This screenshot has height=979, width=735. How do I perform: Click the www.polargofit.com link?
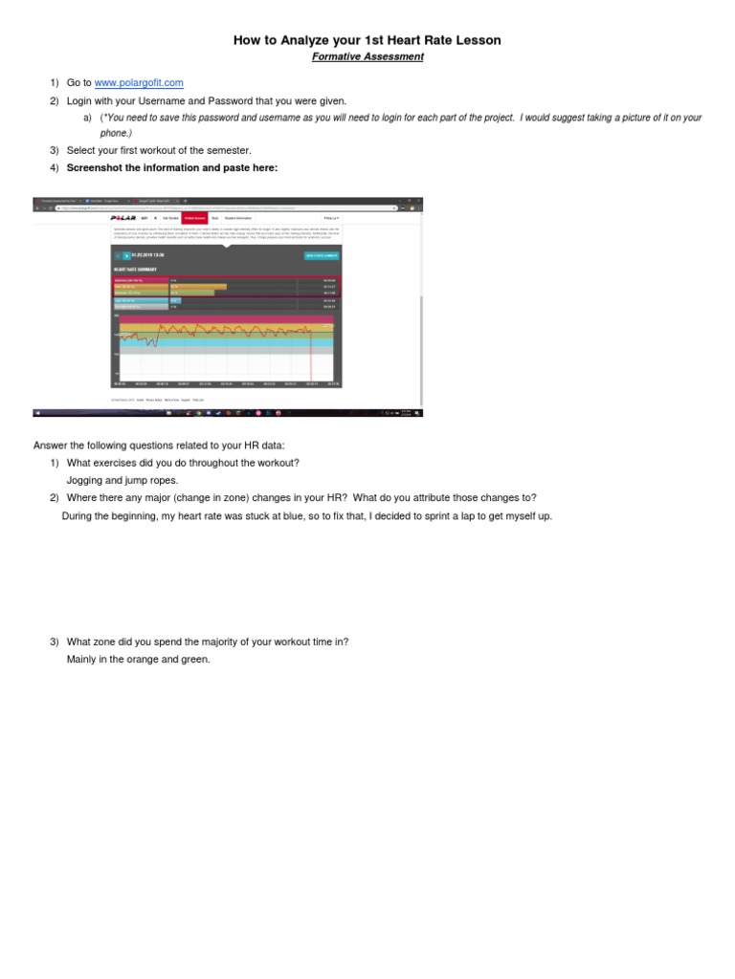(x=139, y=84)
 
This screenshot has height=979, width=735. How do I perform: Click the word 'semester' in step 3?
(x=229, y=151)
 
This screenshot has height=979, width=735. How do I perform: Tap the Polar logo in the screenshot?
(x=123, y=218)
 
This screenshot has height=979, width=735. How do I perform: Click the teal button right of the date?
(x=322, y=255)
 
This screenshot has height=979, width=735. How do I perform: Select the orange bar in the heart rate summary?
(x=198, y=286)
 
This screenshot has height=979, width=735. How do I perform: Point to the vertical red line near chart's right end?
(x=311, y=355)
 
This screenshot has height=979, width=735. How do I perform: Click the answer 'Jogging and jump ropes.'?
(x=122, y=480)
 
